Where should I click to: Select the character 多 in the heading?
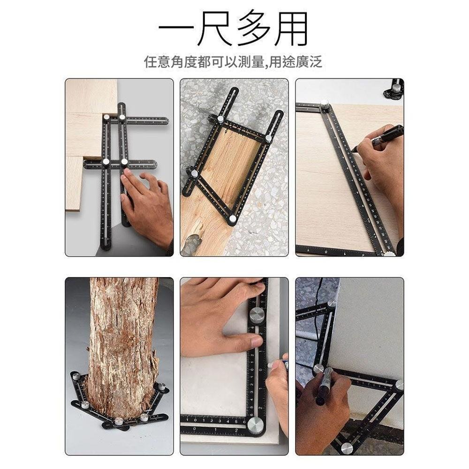[254, 28]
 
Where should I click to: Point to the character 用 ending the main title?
[291, 28]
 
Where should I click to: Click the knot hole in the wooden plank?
[192, 242]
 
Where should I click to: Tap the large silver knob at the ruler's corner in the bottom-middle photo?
[256, 425]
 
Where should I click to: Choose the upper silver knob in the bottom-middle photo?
[257, 315]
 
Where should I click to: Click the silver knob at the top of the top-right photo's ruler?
[325, 104]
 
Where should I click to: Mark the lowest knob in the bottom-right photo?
[347, 448]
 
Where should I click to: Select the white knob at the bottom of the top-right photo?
[389, 254]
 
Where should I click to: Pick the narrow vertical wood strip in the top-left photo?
[74, 183]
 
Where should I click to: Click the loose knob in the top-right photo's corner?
[395, 88]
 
